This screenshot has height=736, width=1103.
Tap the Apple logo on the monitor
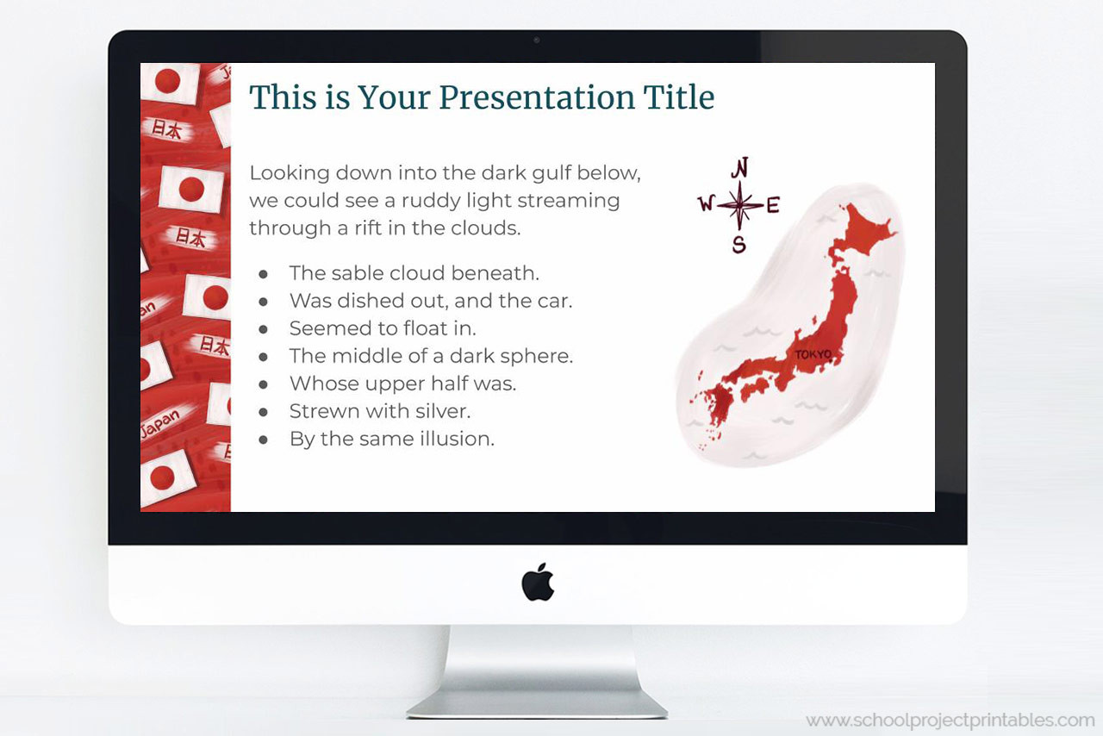click(x=538, y=583)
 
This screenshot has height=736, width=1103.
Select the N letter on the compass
click(x=739, y=167)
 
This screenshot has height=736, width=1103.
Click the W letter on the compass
click(x=706, y=204)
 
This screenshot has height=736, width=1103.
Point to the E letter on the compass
click(x=773, y=205)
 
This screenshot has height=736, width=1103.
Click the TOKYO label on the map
click(x=813, y=354)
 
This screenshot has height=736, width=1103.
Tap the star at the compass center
click(x=739, y=205)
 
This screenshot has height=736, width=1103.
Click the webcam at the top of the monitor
click(x=537, y=40)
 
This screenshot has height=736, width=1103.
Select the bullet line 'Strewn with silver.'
click(x=379, y=411)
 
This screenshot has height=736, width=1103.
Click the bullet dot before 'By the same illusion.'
click(x=264, y=440)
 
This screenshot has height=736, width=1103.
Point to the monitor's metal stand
click(x=537, y=672)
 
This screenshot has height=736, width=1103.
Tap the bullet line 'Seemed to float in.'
click(x=383, y=328)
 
